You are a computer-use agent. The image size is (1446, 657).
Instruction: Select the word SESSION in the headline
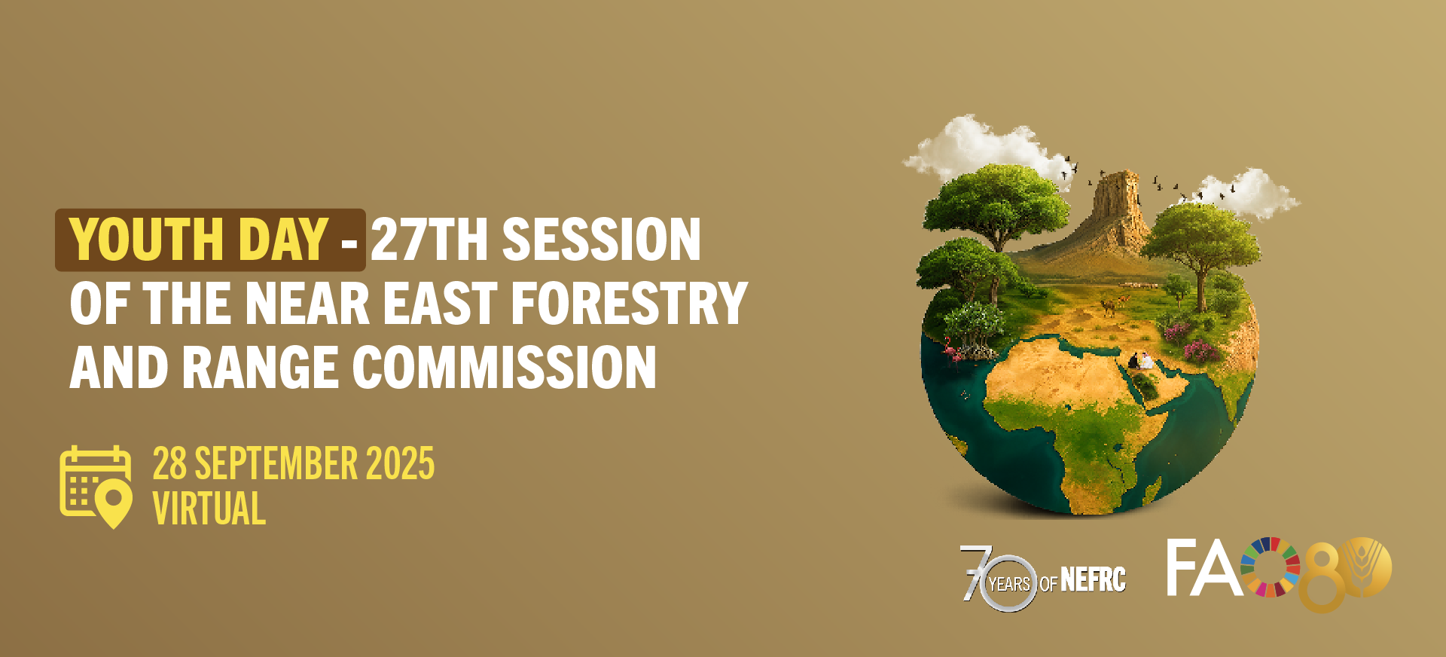pos(602,240)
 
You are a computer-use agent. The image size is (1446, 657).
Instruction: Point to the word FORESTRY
pos(630,304)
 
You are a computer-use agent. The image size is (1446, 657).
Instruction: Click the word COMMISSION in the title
pos(505,368)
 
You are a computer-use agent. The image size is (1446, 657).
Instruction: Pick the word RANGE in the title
pos(260,368)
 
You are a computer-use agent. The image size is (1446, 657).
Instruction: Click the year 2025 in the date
pos(400,463)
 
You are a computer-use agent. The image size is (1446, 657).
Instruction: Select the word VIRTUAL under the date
pos(209,509)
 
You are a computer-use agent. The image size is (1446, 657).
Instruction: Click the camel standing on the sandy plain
pos(1109,305)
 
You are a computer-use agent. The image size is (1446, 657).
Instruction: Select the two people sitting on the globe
pos(1140,361)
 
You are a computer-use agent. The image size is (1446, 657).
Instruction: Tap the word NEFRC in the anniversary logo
pos(1093,580)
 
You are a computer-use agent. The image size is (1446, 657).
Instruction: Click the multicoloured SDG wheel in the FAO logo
pos(1270,567)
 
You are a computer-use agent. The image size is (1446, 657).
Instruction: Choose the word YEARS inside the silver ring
pos(1009,584)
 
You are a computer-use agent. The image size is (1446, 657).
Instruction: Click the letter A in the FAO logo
pos(1219,567)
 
